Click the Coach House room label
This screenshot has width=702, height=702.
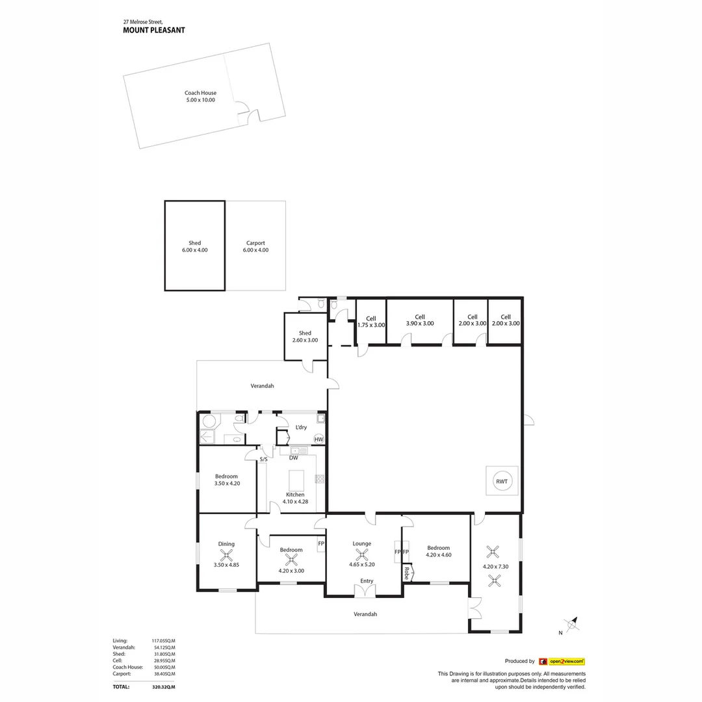coord(200,96)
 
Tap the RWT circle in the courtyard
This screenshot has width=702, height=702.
coord(502,482)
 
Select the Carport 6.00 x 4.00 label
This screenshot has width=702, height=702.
coord(255,246)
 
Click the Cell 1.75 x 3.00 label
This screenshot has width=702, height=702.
coord(371,322)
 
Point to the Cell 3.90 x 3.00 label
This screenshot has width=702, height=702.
coord(420,320)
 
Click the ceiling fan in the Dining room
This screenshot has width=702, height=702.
coord(226,554)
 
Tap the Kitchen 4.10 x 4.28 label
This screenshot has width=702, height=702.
coord(295,498)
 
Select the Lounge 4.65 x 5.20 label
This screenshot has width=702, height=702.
coord(362,554)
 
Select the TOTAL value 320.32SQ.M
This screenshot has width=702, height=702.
coord(164,686)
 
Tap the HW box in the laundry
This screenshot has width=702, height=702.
coord(318,439)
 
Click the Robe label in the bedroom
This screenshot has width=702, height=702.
coord(407,573)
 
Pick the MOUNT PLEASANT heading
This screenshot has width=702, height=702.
coord(153,30)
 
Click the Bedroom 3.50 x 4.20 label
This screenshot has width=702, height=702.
coord(227,480)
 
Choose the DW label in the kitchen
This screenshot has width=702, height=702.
coord(294,458)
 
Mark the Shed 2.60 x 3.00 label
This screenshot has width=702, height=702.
coord(305,337)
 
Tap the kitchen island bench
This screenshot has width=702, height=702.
coord(296,480)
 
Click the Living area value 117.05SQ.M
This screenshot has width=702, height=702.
coord(164,641)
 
